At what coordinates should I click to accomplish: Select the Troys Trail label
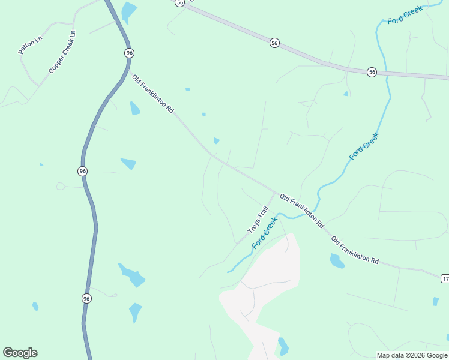[257, 220]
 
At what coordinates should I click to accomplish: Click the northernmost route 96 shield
[129, 53]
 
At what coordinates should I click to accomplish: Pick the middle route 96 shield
[83, 171]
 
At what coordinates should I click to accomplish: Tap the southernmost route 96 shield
[86, 298]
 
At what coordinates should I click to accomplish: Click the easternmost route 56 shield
[372, 72]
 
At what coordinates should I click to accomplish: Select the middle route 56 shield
[274, 43]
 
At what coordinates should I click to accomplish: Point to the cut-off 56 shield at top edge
[180, 3]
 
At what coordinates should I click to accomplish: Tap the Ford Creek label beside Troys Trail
[264, 233]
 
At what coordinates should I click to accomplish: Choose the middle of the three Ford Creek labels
[364, 146]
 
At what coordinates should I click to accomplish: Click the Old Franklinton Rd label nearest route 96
[152, 94]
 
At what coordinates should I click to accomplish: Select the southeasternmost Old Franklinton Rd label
[355, 250]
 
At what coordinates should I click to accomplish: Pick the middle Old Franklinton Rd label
[302, 210]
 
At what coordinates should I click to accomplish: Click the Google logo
[20, 353]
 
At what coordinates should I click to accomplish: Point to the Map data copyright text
[412, 355]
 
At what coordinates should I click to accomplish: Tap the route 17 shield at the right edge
[445, 278]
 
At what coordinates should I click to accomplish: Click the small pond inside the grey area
[283, 346]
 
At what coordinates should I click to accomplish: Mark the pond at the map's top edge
[128, 10]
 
